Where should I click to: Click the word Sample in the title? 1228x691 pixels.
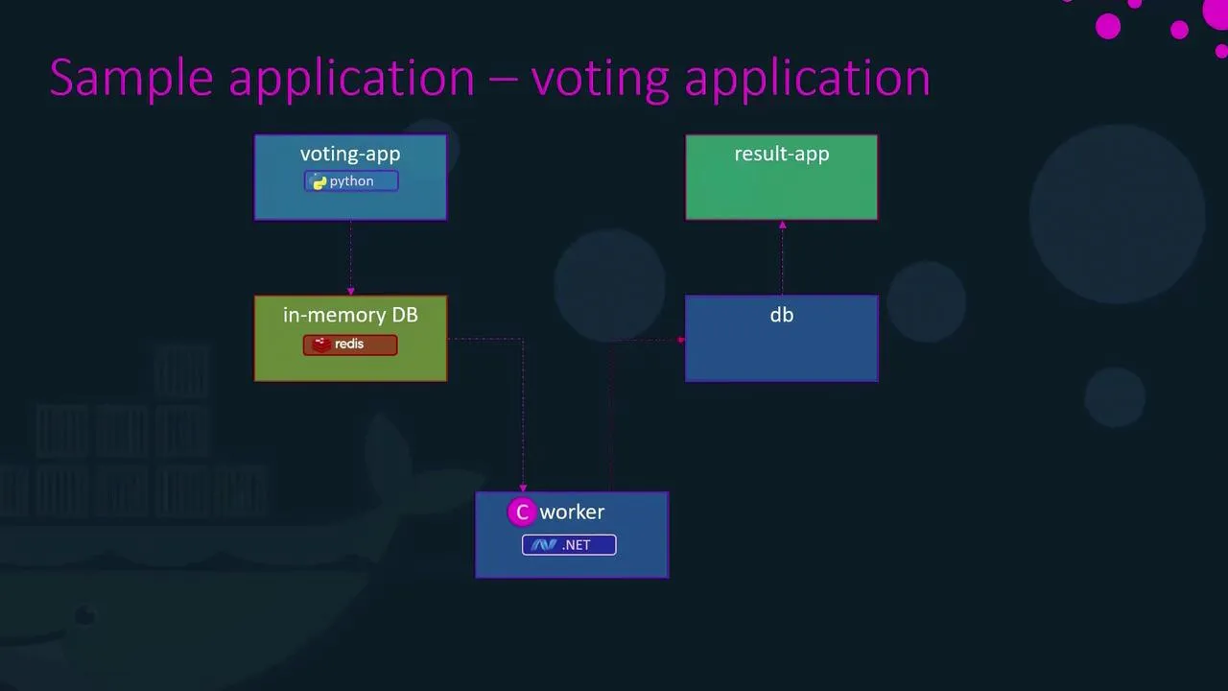pyautogui.click(x=130, y=79)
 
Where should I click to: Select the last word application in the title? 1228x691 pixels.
pyautogui.click(x=807, y=79)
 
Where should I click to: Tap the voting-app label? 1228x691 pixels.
pyautogui.click(x=350, y=154)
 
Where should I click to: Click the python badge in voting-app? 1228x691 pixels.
pyautogui.click(x=351, y=181)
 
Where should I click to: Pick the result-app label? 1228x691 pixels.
pyautogui.click(x=782, y=154)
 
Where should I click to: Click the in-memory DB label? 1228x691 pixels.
pyautogui.click(x=350, y=315)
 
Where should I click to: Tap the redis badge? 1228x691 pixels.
pyautogui.click(x=350, y=345)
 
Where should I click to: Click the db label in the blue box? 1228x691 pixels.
pyautogui.click(x=782, y=315)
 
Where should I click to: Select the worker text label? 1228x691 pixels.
pyautogui.click(x=572, y=512)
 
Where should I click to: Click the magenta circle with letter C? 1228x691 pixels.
pyautogui.click(x=522, y=512)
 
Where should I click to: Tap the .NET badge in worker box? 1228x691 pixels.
pyautogui.click(x=569, y=545)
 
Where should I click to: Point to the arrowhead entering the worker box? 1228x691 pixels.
pyautogui.click(x=523, y=488)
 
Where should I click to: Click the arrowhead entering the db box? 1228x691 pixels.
pyautogui.click(x=681, y=340)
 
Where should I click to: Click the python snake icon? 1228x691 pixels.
pyautogui.click(x=319, y=182)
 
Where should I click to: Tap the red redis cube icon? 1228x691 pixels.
pyautogui.click(x=321, y=345)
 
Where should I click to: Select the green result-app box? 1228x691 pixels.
pyautogui.click(x=782, y=192)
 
